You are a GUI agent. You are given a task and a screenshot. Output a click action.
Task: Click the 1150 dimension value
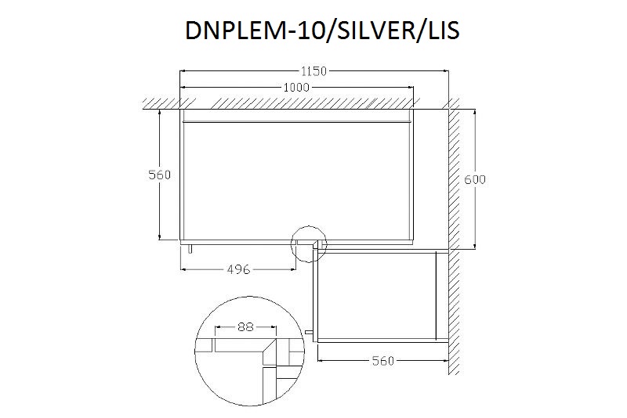(314, 71)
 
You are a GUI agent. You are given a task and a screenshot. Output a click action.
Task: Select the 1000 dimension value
(296, 88)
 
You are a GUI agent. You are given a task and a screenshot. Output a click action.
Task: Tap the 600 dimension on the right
(475, 180)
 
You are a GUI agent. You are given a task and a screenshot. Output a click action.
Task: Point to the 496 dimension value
(239, 269)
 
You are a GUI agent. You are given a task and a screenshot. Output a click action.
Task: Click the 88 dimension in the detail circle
(245, 327)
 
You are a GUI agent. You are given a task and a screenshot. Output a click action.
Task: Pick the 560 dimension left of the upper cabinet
(160, 175)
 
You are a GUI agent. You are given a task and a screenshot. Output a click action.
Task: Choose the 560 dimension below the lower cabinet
(383, 361)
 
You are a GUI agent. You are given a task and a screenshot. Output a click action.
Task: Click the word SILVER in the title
(377, 31)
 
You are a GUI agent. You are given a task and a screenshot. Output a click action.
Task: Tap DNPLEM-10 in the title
(256, 31)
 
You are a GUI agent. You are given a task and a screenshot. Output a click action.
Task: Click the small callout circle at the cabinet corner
(308, 226)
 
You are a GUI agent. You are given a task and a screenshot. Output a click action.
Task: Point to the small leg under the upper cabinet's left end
(190, 248)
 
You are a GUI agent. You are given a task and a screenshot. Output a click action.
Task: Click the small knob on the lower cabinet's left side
(309, 332)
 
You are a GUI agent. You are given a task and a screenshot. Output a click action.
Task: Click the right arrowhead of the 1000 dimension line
(410, 87)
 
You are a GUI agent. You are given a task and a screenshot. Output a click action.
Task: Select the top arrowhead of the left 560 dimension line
(160, 113)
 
